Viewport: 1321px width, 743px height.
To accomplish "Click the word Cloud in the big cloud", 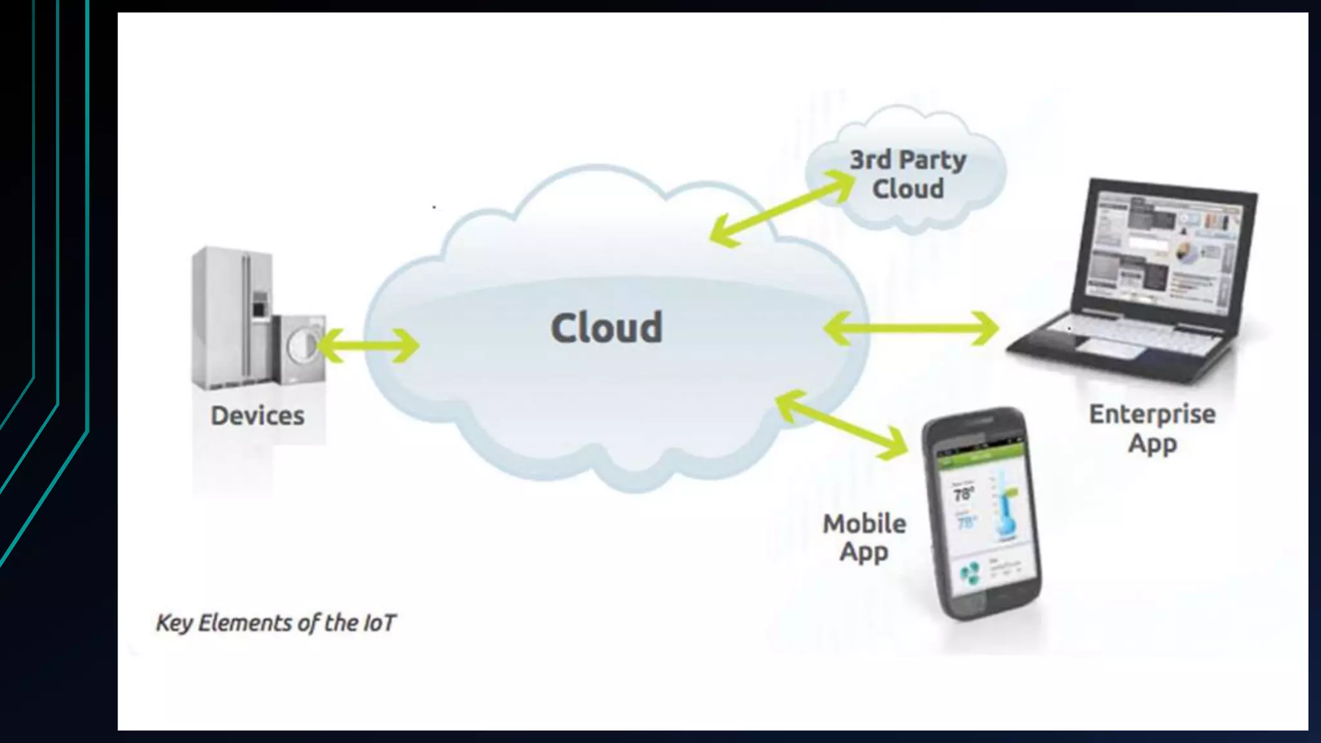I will [x=606, y=328].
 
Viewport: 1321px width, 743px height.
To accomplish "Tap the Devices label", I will [x=257, y=416].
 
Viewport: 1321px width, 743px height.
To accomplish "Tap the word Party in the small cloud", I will [x=933, y=160].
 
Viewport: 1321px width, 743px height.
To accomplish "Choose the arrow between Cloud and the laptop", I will [x=911, y=328].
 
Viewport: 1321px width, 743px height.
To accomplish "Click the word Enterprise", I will [x=1152, y=414].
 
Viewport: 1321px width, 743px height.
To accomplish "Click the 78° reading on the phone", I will [x=963, y=495].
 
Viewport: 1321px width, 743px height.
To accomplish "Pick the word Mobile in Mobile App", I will [x=864, y=524].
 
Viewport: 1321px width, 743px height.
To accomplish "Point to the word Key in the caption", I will [x=174, y=623].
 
